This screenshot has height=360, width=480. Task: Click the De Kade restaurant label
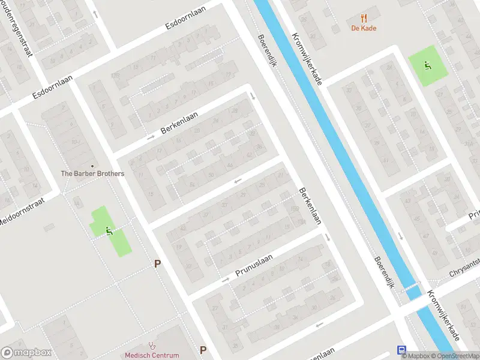(364, 28)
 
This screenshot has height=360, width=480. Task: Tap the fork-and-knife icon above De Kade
(364, 18)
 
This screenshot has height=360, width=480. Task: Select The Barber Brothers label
(92, 174)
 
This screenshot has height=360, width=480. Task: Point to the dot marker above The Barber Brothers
(92, 166)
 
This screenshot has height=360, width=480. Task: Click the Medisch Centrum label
(152, 355)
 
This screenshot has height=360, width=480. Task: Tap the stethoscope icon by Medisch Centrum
(152, 346)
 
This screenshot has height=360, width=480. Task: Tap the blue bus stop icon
(401, 350)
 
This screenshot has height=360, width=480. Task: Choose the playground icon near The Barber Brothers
(109, 230)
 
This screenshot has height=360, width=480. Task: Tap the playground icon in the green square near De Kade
(427, 65)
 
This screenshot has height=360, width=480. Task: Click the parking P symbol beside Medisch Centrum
(203, 350)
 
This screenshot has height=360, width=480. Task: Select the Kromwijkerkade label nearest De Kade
(307, 58)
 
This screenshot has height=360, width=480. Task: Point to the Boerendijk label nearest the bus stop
(383, 274)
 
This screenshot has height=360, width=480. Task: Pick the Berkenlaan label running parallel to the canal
(310, 206)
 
